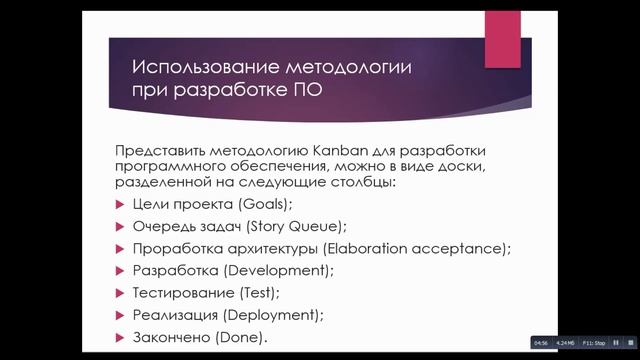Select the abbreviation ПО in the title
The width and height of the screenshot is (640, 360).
coord(308,91)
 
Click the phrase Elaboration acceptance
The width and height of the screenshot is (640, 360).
coord(422,249)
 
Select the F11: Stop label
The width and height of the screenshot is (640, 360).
coord(594,341)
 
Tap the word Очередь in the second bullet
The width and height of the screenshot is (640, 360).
coord(160,226)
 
